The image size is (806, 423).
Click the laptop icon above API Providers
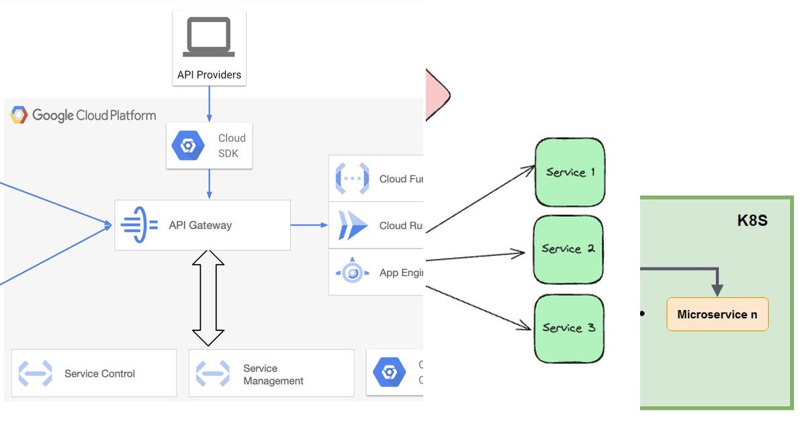[x=209, y=38]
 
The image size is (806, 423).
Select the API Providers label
[x=209, y=75]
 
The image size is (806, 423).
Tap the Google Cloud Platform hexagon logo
[x=19, y=115]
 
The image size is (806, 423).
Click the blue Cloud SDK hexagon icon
[x=187, y=146]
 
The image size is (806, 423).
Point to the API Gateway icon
[x=139, y=225]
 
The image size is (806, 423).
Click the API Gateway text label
[x=200, y=226]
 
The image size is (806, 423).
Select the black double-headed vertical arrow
[x=208, y=298]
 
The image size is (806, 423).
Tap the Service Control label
[x=99, y=374]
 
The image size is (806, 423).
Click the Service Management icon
[x=212, y=374]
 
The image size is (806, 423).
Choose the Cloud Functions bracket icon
[x=352, y=179]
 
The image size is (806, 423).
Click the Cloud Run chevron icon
[x=352, y=226]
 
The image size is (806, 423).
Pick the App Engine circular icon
[x=352, y=273]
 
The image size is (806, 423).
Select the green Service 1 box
[x=570, y=173]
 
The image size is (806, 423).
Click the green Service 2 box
[x=568, y=249]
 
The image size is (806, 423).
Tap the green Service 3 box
[x=569, y=328]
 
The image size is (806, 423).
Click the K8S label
[x=752, y=221]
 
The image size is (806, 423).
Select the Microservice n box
[x=717, y=314]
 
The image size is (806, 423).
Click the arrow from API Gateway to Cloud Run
[x=309, y=226]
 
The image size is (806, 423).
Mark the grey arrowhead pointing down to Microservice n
[x=717, y=289]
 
